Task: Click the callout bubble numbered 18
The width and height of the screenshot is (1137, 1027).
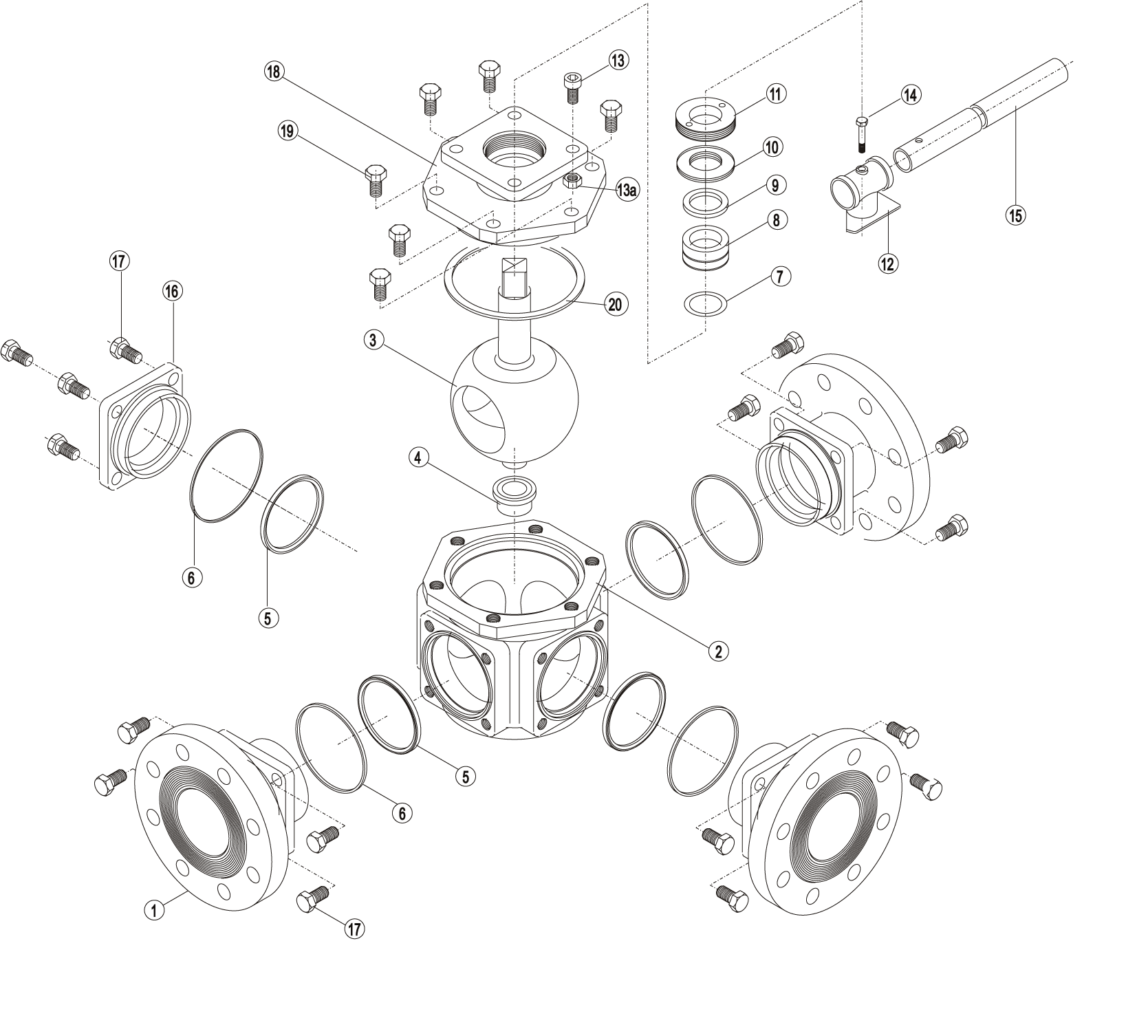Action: (x=274, y=72)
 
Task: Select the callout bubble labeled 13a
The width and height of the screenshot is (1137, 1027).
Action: (x=626, y=190)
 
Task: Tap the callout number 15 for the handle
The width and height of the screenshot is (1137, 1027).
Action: (x=1015, y=215)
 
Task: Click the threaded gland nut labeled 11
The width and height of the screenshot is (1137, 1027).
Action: (x=706, y=114)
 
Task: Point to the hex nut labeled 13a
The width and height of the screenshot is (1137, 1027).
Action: (x=573, y=181)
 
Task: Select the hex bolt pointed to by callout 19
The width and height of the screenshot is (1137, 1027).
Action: (x=376, y=181)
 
